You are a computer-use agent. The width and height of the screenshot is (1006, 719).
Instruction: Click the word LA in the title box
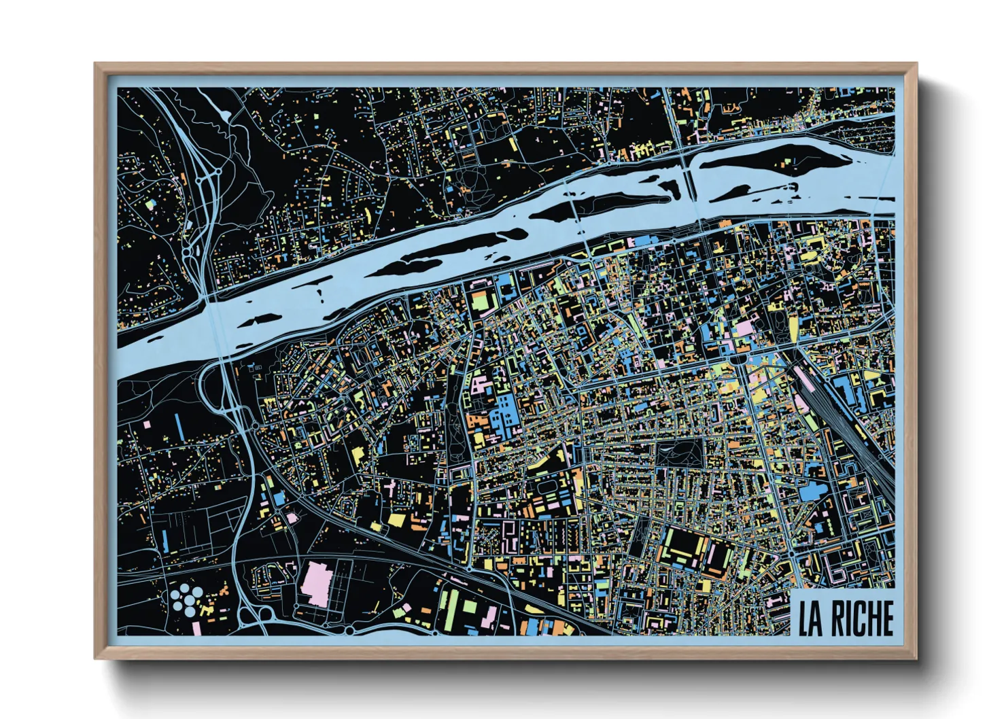coord(810,618)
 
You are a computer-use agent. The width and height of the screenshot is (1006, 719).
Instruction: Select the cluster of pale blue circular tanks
coord(187,600)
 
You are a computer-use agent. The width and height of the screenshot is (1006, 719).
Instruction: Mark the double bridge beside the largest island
coord(688,175)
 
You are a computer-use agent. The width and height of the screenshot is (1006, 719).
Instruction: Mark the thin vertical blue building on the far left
coord(179,427)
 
